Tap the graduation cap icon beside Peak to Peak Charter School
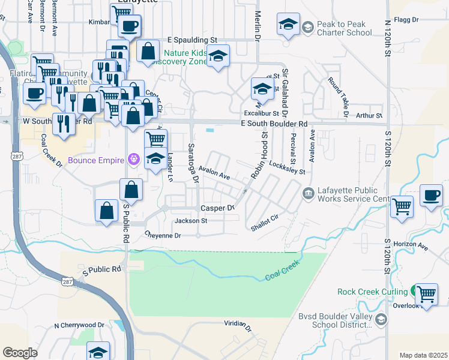point(288,25)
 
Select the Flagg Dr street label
point(406,20)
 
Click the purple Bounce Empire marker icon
point(133,160)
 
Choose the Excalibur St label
point(261,113)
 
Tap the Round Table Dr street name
point(339,96)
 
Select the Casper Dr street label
point(217,208)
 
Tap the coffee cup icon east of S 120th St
point(432,196)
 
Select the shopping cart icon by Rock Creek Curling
point(426,295)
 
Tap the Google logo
point(20,353)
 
